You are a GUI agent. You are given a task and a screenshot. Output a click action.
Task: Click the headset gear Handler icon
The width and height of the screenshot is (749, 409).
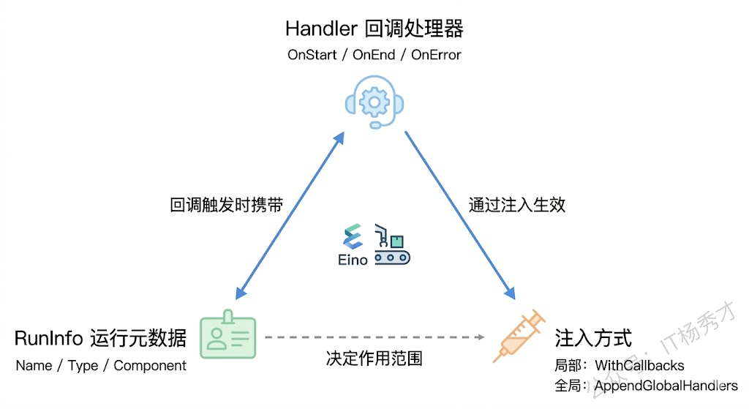pyautogui.click(x=374, y=104)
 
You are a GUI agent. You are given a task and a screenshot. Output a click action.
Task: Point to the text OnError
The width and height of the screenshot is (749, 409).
pyautogui.click(x=436, y=55)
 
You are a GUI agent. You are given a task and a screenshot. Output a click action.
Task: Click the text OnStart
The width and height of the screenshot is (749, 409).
pyautogui.click(x=312, y=55)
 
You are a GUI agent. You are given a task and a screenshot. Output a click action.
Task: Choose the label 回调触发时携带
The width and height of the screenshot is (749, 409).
pyautogui.click(x=227, y=205)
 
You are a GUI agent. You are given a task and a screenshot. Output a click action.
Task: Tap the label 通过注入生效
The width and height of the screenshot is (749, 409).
pyautogui.click(x=517, y=205)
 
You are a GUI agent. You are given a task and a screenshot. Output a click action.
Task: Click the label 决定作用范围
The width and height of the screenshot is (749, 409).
pyautogui.click(x=374, y=359)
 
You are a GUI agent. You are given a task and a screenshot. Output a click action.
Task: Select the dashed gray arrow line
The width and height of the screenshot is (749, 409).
pyautogui.click(x=374, y=338)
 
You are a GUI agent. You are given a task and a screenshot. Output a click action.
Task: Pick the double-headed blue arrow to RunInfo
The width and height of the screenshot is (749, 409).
pyautogui.click(x=288, y=217)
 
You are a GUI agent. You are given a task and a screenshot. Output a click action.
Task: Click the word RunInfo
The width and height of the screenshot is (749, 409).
pyautogui.click(x=49, y=338)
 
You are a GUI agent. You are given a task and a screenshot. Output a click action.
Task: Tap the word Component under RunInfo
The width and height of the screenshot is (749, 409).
pyautogui.click(x=150, y=365)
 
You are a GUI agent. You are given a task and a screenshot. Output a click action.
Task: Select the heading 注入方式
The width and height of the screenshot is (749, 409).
pyautogui.click(x=593, y=338)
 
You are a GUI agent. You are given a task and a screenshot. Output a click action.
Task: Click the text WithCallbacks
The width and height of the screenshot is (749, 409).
pyautogui.click(x=639, y=364)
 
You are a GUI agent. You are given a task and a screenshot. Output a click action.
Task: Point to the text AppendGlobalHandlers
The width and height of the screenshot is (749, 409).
pyautogui.click(x=666, y=385)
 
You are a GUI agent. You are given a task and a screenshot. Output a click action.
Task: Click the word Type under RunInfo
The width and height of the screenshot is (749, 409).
pyautogui.click(x=83, y=365)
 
